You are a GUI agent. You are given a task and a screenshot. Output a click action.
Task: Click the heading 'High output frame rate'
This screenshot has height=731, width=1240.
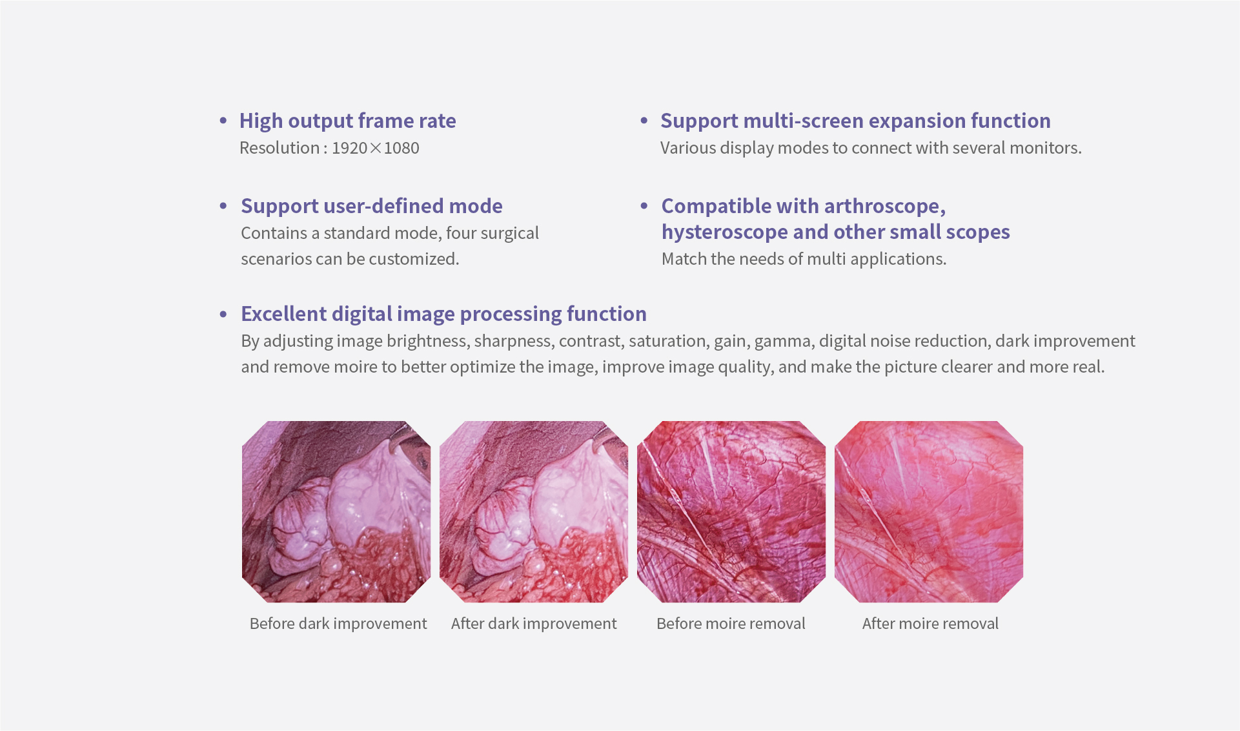point(347,121)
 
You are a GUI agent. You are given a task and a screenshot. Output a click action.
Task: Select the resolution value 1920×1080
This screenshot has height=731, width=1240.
point(375,148)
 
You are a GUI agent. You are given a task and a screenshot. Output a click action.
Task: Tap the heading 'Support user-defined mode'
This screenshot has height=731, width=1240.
point(372,206)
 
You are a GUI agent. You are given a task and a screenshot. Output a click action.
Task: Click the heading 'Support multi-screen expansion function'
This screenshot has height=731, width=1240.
point(855,121)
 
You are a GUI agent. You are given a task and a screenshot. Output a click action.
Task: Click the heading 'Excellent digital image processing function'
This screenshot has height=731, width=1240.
point(443,314)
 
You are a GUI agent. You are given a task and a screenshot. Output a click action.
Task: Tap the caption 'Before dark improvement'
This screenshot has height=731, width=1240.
point(338,624)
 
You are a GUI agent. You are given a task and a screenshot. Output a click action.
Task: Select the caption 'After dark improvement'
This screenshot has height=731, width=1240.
point(534,624)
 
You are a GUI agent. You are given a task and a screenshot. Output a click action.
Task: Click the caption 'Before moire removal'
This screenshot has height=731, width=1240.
point(731,624)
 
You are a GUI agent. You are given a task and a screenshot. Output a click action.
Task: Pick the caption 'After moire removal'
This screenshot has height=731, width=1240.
point(930,624)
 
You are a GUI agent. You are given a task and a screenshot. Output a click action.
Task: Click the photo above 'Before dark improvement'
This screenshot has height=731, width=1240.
point(336,512)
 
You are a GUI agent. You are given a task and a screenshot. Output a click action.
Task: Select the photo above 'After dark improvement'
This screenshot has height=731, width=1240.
point(534,512)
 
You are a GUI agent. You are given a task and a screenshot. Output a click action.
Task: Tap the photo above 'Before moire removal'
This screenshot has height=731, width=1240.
point(731,512)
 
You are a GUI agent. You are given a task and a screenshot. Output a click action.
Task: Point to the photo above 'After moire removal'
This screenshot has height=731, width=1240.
point(929,512)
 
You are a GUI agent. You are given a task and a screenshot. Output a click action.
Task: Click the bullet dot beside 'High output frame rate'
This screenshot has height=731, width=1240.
point(223,121)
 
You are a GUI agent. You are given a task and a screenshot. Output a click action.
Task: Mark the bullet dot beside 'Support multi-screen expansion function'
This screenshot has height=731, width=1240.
point(644,121)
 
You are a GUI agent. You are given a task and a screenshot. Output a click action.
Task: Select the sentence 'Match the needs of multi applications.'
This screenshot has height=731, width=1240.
point(804,259)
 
